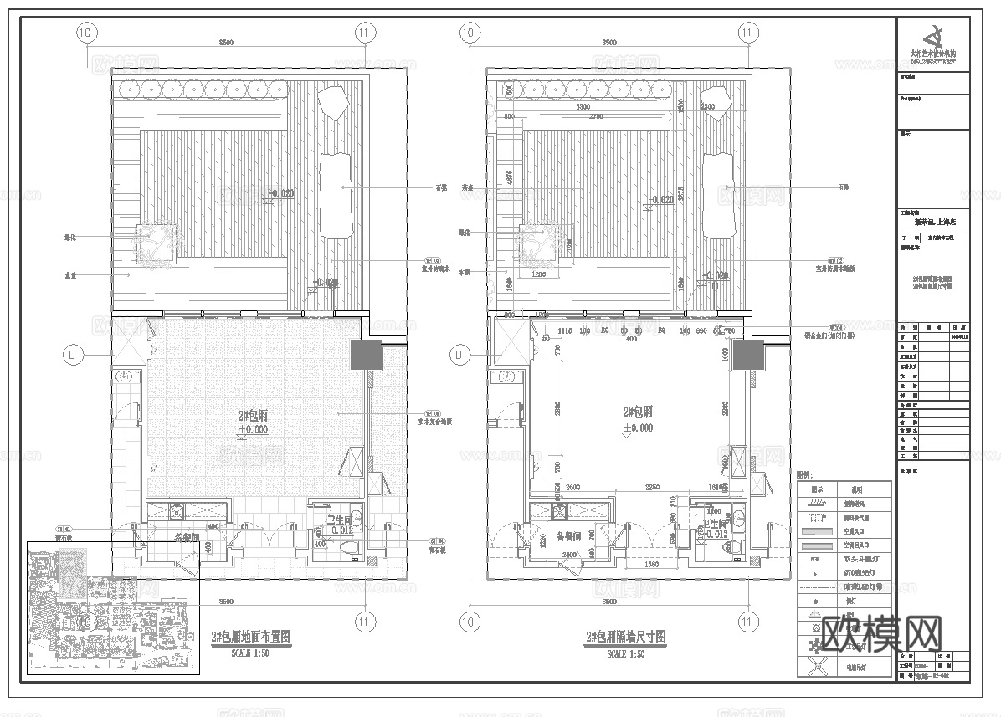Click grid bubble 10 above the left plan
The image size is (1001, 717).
pyautogui.click(x=85, y=33)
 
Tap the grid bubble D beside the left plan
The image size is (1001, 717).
pyautogui.click(x=73, y=355)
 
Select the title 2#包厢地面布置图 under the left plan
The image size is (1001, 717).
pyautogui.click(x=251, y=638)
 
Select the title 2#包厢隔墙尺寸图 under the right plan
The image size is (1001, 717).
pyautogui.click(x=626, y=638)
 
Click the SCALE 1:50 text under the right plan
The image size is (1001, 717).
pyautogui.click(x=626, y=653)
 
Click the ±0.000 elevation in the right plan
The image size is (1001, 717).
pyautogui.click(x=638, y=428)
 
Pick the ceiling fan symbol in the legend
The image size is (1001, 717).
pyautogui.click(x=817, y=667)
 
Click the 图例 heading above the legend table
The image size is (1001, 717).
pyautogui.click(x=804, y=474)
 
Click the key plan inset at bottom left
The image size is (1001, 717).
pyautogui.click(x=113, y=608)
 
